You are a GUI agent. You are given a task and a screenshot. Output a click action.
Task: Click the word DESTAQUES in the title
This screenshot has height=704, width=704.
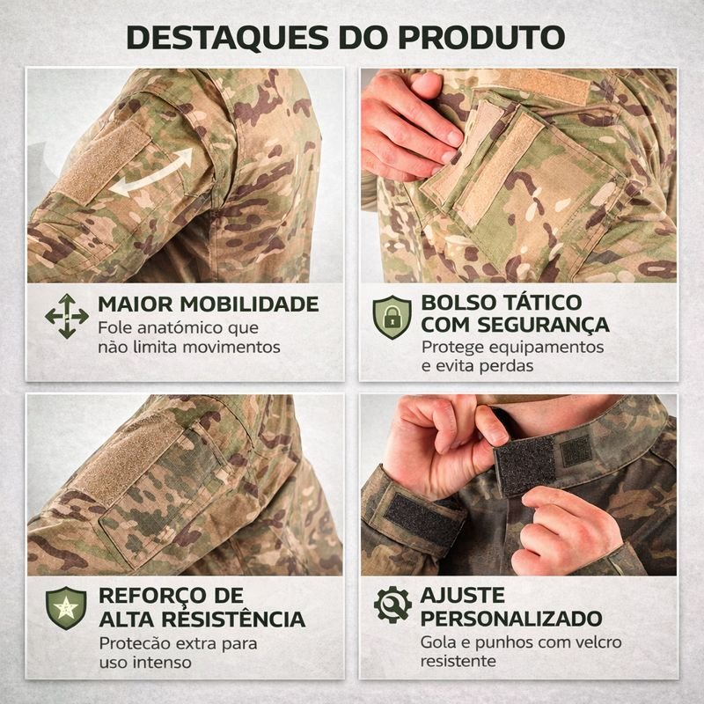click(228, 37)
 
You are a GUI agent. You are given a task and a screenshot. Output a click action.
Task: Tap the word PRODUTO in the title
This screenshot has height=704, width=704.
click(481, 37)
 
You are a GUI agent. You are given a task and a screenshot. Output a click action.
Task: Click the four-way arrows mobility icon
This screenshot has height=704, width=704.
click(67, 316)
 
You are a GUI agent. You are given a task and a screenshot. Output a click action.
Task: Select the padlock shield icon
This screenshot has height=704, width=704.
click(392, 317)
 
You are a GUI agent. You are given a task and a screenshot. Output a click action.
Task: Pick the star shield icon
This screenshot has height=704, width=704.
click(66, 608)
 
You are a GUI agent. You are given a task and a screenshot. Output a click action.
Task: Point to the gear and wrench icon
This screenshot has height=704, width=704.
click(392, 605)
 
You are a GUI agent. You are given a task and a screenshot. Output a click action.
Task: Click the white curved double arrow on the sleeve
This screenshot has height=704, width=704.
click(151, 172)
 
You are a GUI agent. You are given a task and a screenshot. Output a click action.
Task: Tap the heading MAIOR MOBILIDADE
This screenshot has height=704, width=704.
click(209, 304)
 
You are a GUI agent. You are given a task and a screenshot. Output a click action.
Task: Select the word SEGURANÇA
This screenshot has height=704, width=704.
click(543, 325)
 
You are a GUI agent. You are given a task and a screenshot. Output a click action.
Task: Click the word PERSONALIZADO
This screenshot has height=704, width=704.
click(511, 619)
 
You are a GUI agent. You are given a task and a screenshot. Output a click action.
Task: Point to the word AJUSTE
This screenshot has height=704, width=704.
click(463, 596)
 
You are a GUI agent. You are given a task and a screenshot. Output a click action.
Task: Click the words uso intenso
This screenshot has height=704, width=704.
click(145, 663)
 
